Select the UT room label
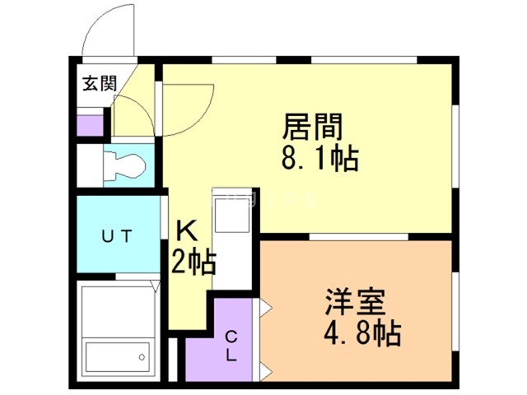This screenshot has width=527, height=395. click(116, 236)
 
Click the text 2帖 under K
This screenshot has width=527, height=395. click(194, 263)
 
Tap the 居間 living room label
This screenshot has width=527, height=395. click(312, 128)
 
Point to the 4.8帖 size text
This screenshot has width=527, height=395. click(362, 333)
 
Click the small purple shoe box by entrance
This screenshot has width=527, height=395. click(90, 126)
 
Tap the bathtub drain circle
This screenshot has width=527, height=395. click(143, 357)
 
